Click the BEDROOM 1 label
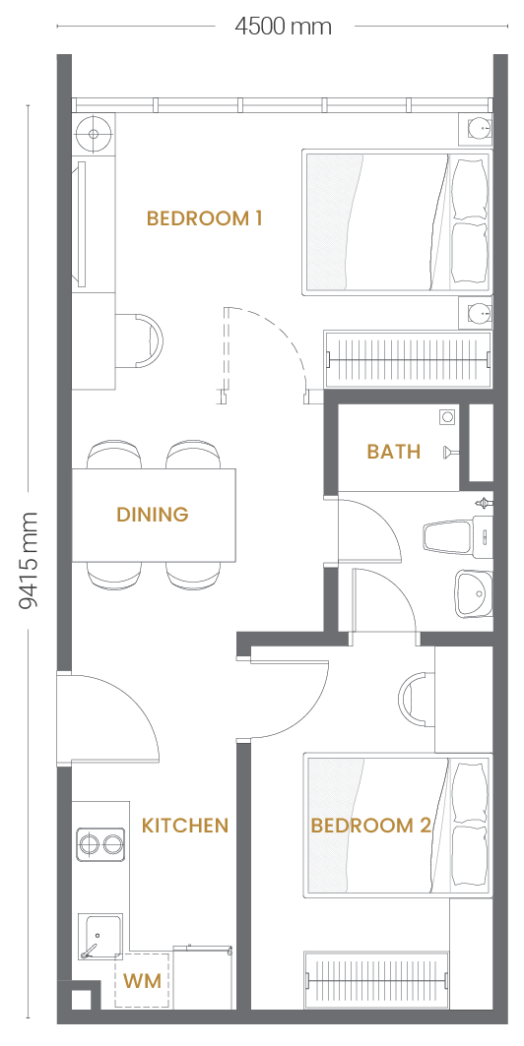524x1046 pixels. tap(204, 218)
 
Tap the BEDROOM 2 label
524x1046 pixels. tap(371, 826)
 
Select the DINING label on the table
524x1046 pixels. tap(153, 515)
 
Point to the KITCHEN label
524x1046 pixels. tap(185, 826)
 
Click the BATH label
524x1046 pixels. tap(394, 452)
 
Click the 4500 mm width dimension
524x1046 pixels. tap(283, 27)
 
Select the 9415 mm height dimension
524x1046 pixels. tap(28, 561)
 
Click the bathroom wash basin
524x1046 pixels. tap(473, 593)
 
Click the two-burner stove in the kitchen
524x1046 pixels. tap(100, 845)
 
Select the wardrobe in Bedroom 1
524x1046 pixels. tap(407, 359)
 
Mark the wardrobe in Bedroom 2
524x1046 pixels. tap(377, 979)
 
